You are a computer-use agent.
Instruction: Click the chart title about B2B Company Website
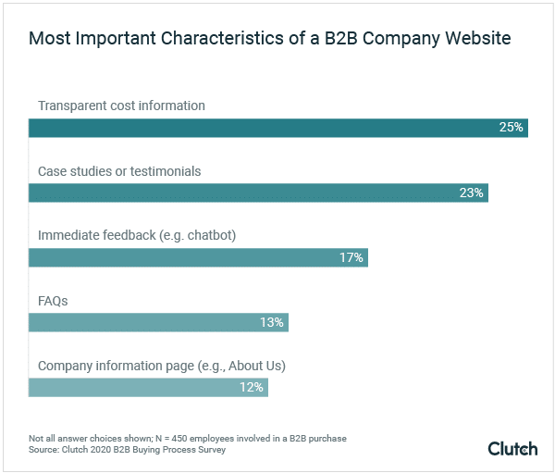pyautogui.click(x=269, y=39)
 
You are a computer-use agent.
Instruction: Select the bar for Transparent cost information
pyautogui.click(x=277, y=128)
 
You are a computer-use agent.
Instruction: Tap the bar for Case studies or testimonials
pyautogui.click(x=257, y=193)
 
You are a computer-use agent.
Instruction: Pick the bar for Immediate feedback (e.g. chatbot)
pyautogui.click(x=198, y=257)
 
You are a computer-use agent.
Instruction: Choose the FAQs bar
pyautogui.click(x=158, y=322)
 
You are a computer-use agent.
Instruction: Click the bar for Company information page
pyautogui.click(x=148, y=387)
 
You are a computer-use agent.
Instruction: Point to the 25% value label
pyautogui.click(x=511, y=128)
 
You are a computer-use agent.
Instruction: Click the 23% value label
pyautogui.click(x=471, y=193)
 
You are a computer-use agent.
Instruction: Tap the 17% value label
pyautogui.click(x=351, y=257)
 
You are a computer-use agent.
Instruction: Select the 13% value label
pyautogui.click(x=271, y=322)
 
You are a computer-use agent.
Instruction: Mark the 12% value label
pyautogui.click(x=251, y=387)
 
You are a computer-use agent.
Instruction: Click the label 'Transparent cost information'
pyautogui.click(x=121, y=106)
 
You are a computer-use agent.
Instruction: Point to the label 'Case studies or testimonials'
pyautogui.click(x=119, y=171)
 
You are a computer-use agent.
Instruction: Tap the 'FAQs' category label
pyautogui.click(x=53, y=301)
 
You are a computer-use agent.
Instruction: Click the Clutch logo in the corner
pyautogui.click(x=512, y=448)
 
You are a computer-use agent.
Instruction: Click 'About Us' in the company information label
pyautogui.click(x=256, y=366)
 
